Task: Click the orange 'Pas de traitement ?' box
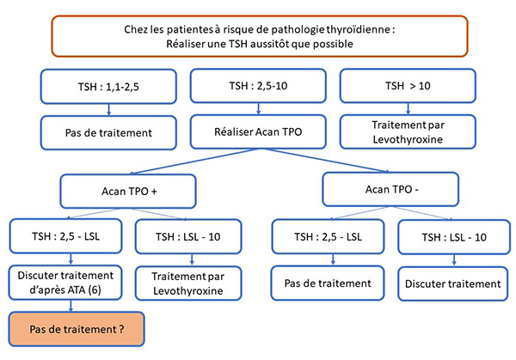point(77,329)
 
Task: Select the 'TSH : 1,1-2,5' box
point(108,87)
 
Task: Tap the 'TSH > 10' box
point(408,86)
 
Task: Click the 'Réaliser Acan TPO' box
point(258,131)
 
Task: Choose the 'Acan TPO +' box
point(128,192)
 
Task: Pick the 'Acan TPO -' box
point(390,189)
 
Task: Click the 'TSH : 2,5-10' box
point(258,86)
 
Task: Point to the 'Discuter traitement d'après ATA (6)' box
point(65,283)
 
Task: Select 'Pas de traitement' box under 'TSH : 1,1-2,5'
point(108,133)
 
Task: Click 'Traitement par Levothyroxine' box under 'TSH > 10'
point(408,131)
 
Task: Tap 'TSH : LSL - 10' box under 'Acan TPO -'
point(454,237)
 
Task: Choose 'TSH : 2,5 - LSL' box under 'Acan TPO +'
point(66,236)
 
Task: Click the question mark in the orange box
point(121,329)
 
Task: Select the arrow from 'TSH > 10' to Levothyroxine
point(408,109)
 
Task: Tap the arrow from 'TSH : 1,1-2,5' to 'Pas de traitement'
point(108,110)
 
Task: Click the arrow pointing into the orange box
point(71,306)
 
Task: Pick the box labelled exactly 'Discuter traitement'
point(453,284)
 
